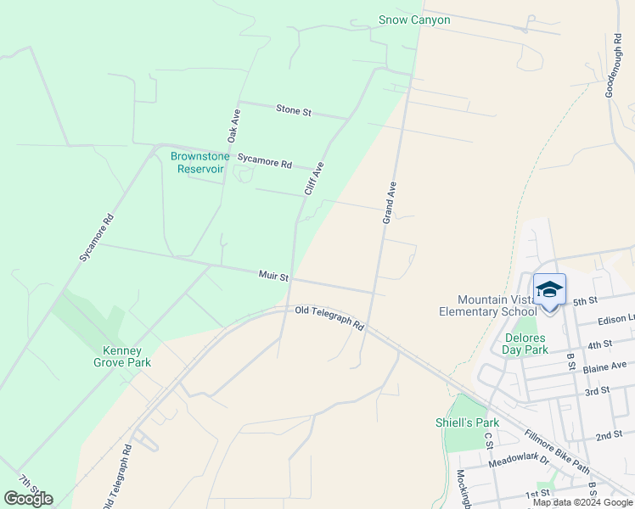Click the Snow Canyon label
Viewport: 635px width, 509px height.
pos(414,20)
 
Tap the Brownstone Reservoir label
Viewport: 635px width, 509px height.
pos(197,162)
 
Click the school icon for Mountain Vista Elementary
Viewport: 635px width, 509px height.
pos(549,290)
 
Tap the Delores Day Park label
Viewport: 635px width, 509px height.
pos(525,343)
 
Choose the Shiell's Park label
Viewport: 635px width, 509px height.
pos(467,422)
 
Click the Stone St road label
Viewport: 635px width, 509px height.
pos(294,110)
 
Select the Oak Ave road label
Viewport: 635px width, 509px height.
pos(234,125)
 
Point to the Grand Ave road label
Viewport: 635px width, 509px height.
pos(390,202)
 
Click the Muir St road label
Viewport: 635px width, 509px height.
pos(273,276)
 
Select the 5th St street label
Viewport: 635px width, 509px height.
pos(586,301)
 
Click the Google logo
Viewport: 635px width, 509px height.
pos(28,499)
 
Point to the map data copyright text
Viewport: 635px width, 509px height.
pos(582,502)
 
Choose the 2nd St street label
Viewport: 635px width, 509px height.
pos(609,435)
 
